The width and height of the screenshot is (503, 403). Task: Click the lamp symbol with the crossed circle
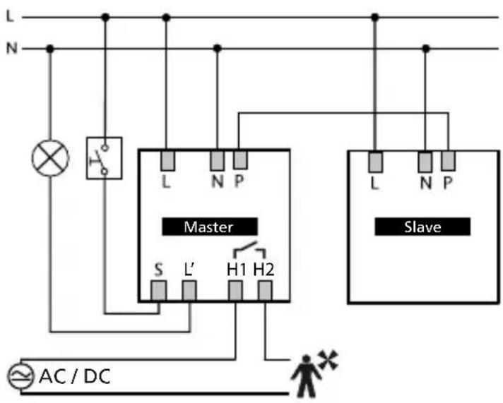(50, 158)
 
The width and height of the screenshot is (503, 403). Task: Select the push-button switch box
(105, 158)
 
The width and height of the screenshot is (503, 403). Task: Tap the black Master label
(210, 227)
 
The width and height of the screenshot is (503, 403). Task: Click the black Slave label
(422, 227)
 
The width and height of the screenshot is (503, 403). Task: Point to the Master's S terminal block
(158, 291)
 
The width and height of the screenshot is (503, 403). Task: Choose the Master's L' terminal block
(189, 291)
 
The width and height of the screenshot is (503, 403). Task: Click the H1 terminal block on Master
(235, 291)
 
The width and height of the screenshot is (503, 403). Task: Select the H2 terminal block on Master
(265, 291)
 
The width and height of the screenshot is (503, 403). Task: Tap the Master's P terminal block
(240, 160)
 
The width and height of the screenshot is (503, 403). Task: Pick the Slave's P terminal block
(448, 161)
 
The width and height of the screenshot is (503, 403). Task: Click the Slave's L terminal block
(375, 162)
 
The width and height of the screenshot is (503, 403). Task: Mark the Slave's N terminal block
(425, 162)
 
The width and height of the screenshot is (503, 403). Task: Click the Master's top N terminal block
(217, 161)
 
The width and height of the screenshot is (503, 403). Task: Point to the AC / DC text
(75, 376)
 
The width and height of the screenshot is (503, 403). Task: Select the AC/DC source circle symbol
(20, 376)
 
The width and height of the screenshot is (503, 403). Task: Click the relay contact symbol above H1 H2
(250, 250)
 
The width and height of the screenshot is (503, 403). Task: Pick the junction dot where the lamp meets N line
(49, 49)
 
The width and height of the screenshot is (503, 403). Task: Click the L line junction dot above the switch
(105, 18)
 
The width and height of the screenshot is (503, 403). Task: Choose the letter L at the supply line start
(11, 16)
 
